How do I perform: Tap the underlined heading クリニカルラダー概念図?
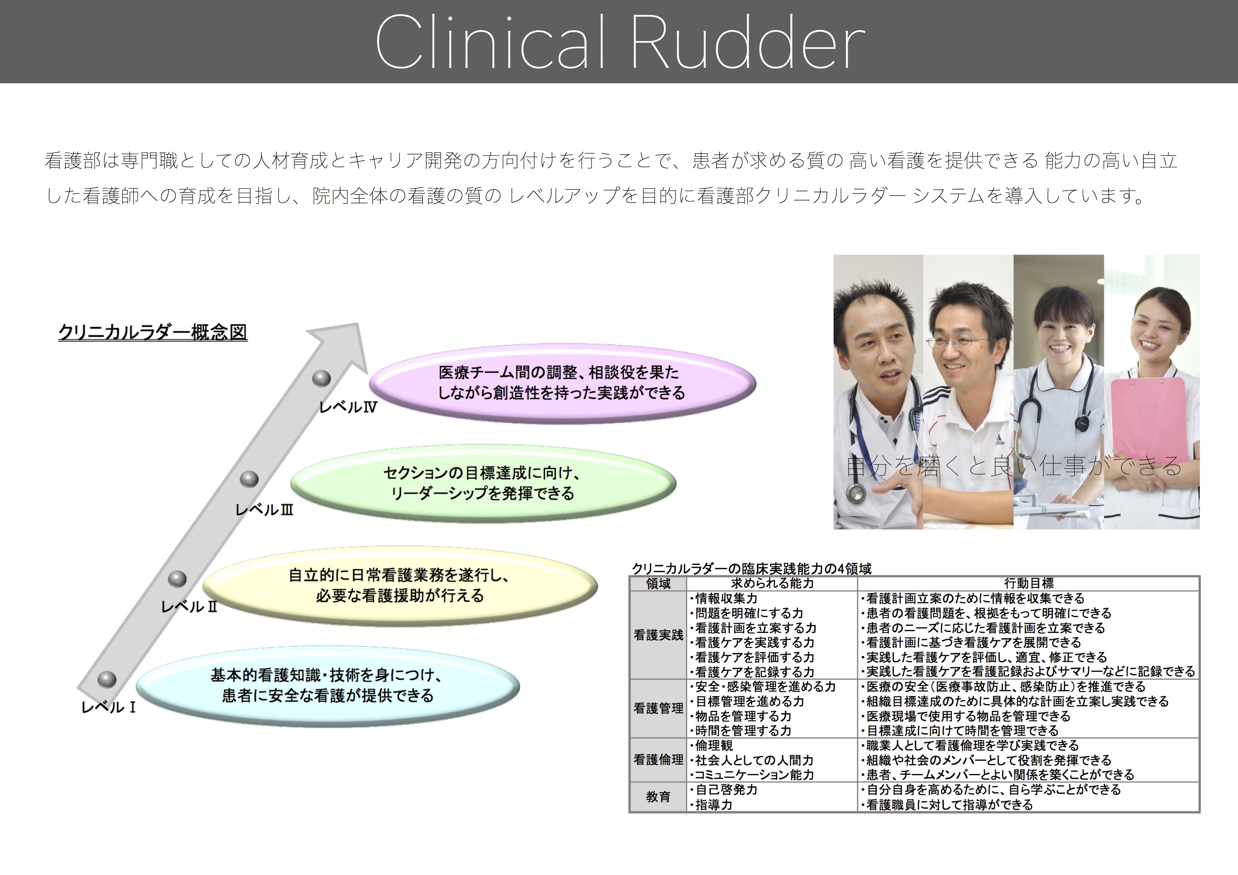click(x=152, y=332)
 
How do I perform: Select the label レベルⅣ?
click(x=348, y=407)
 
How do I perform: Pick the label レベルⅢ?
click(x=264, y=509)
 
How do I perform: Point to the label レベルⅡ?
click(x=189, y=606)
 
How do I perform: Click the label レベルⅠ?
click(x=108, y=707)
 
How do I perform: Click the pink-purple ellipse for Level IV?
click(x=563, y=383)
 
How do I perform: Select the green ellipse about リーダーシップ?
click(x=483, y=484)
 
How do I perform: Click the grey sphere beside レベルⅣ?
click(x=321, y=378)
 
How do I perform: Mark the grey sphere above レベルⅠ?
click(x=107, y=680)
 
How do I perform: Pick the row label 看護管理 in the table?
click(x=659, y=708)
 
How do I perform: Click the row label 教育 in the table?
click(x=659, y=797)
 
